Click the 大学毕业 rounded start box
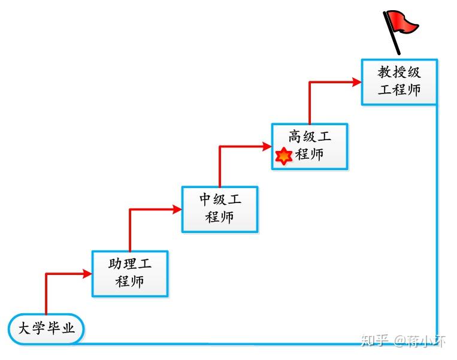pyautogui.click(x=46, y=329)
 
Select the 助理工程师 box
pyautogui.click(x=130, y=274)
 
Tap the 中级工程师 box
pyautogui.click(x=220, y=209)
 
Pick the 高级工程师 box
pyautogui.click(x=310, y=146)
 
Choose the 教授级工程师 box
pyautogui.click(x=400, y=82)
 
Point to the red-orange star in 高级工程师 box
pyautogui.click(x=283, y=156)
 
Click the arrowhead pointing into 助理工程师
pyautogui.click(x=87, y=274)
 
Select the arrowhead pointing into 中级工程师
pyautogui.click(x=177, y=209)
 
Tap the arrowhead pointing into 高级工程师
pyautogui.click(x=267, y=146)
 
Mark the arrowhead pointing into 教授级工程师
pyautogui.click(x=356, y=82)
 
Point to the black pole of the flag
pyautogui.click(x=392, y=33)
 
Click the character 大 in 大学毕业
pyautogui.click(x=25, y=328)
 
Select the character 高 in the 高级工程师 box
pyautogui.click(x=295, y=137)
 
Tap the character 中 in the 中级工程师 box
pyautogui.click(x=205, y=199)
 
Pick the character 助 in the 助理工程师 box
pyautogui.click(x=115, y=264)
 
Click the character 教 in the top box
pyautogui.click(x=385, y=72)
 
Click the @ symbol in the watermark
pyautogui.click(x=400, y=340)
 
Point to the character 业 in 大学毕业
pyautogui.click(x=68, y=328)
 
